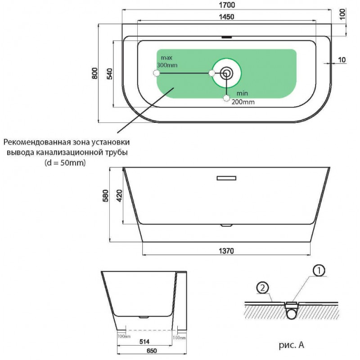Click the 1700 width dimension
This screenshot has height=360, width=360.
pyautogui.click(x=227, y=5)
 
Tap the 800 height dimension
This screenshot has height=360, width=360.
pyautogui.click(x=94, y=73)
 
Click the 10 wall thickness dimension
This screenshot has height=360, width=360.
pyautogui.click(x=342, y=59)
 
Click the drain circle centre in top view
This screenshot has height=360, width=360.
pyautogui.click(x=227, y=72)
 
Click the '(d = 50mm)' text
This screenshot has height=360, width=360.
pyautogui.click(x=65, y=162)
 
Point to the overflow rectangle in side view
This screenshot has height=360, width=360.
pyautogui.click(x=226, y=178)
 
